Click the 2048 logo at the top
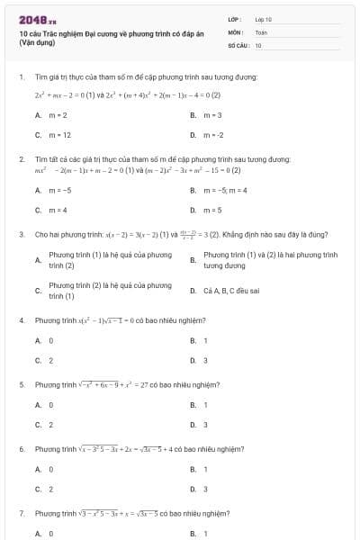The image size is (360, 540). coord(31,19)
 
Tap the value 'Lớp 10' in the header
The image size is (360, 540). coord(263,19)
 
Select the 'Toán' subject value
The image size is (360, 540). coord(261,31)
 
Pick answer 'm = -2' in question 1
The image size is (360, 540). coord(213,135)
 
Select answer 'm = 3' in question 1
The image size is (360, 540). coord(213,115)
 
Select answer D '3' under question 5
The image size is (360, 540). coord(205,424)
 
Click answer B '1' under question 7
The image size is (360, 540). coord(205,533)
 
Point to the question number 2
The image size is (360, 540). coord(21,159)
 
